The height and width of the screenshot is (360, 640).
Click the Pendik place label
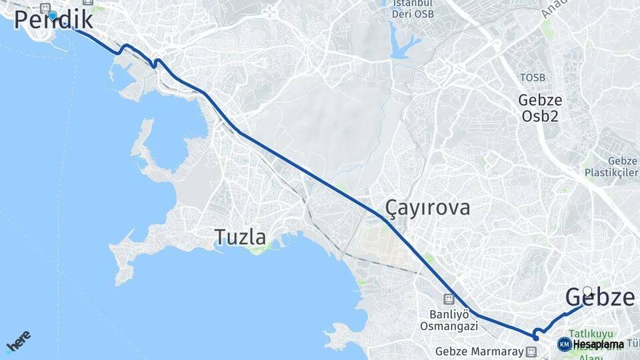tap(53, 19)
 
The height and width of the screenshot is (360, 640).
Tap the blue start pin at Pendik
tap(53, 14)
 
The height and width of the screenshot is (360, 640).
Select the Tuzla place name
tap(240, 237)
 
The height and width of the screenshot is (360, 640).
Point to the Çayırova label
tap(427, 207)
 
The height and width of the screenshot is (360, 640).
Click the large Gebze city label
tap(599, 297)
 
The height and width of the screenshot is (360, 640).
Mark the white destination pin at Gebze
tap(587, 291)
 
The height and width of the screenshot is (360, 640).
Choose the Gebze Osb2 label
tap(540, 108)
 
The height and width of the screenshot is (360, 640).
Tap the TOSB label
tap(533, 78)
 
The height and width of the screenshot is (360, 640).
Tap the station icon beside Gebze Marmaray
tap(531, 351)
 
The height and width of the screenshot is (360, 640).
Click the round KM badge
tap(565, 344)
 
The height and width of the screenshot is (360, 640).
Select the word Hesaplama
tap(599, 345)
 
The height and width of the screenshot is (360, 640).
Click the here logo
tap(18, 341)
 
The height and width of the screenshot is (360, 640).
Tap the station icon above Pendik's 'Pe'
tap(45, 7)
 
